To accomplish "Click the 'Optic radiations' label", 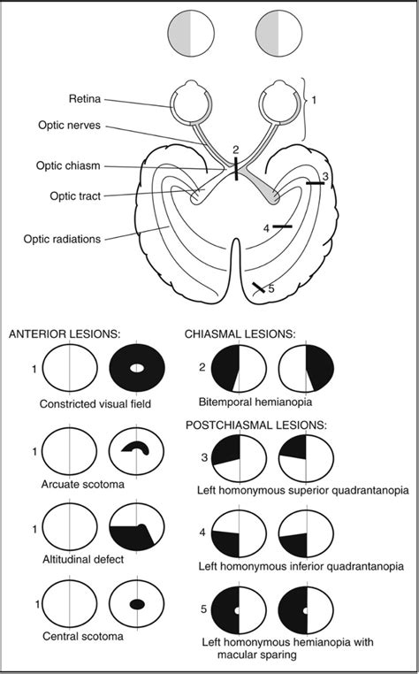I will [62, 238].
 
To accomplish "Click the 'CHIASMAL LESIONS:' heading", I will [240, 334].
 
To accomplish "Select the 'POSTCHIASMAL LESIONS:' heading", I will [256, 425].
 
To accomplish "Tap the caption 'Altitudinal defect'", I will [83, 560].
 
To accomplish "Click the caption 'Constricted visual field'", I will [95, 404].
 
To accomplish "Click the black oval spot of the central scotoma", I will [137, 604].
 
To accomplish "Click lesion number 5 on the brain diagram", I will [270, 288].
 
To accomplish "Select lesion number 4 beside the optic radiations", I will [266, 228].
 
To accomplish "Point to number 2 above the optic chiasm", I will [235, 149].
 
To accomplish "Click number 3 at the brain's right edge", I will [325, 177].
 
